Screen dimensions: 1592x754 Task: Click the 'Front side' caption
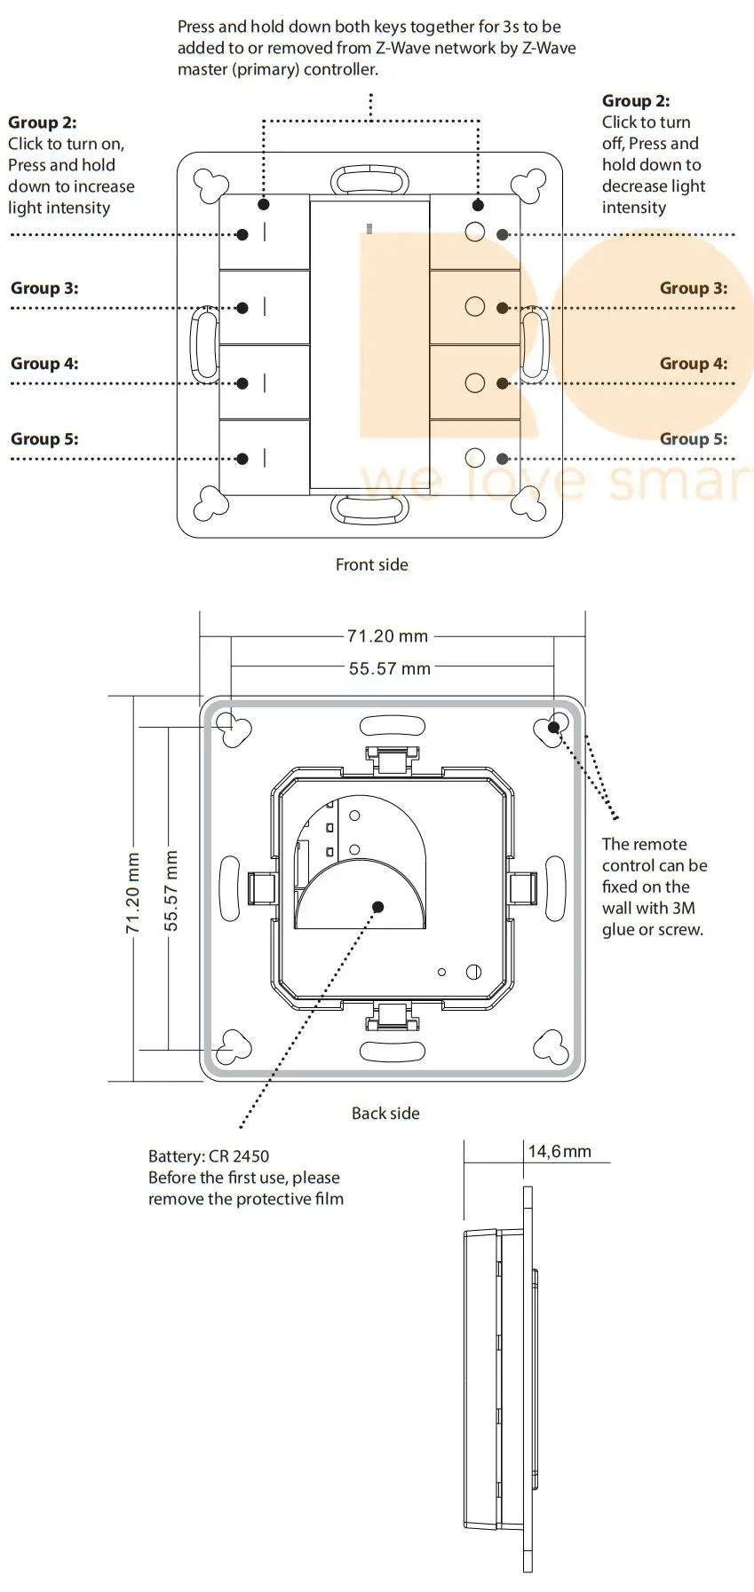click(371, 564)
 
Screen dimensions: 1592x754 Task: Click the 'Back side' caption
click(385, 1113)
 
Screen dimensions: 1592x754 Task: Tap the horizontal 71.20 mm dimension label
click(387, 636)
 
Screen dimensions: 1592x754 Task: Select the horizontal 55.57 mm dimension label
click(389, 668)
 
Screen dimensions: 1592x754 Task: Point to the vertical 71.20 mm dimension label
click(133, 893)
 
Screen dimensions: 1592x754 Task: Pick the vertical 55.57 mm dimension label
click(171, 890)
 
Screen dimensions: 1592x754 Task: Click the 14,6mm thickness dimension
click(560, 1151)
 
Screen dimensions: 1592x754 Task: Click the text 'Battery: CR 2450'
click(209, 1156)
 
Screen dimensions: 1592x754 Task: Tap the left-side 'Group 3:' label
click(44, 288)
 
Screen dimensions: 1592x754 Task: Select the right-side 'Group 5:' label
click(693, 439)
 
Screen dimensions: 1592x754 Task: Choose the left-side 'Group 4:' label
click(44, 364)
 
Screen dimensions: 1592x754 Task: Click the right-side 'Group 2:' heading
click(636, 101)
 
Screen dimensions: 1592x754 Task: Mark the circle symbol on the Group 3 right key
click(475, 307)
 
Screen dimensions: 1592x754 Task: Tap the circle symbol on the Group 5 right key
click(475, 458)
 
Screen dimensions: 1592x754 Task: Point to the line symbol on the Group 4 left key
click(265, 383)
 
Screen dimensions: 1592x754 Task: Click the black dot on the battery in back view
click(378, 907)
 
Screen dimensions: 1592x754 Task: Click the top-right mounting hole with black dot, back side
click(553, 727)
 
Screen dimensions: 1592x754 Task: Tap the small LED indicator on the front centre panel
click(369, 229)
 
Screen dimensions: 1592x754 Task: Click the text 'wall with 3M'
click(648, 908)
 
